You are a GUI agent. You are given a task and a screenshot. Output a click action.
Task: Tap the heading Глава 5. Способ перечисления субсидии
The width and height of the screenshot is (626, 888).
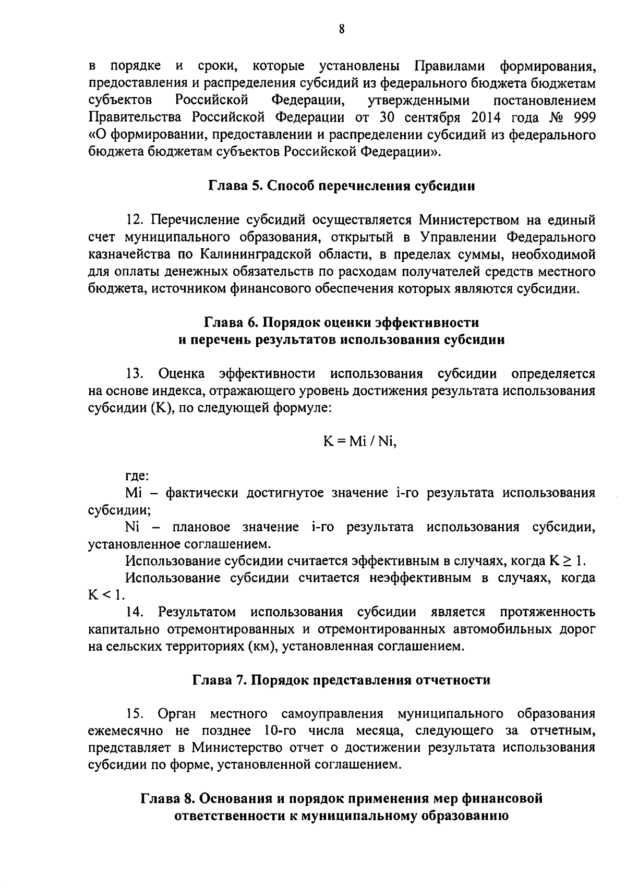[342, 186]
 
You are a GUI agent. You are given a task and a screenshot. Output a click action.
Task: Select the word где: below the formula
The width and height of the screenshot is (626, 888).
[137, 475]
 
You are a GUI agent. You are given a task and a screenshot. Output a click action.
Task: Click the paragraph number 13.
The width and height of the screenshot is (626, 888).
[135, 373]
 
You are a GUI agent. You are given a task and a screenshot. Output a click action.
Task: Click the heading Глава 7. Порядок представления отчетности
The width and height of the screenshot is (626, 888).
[342, 680]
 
